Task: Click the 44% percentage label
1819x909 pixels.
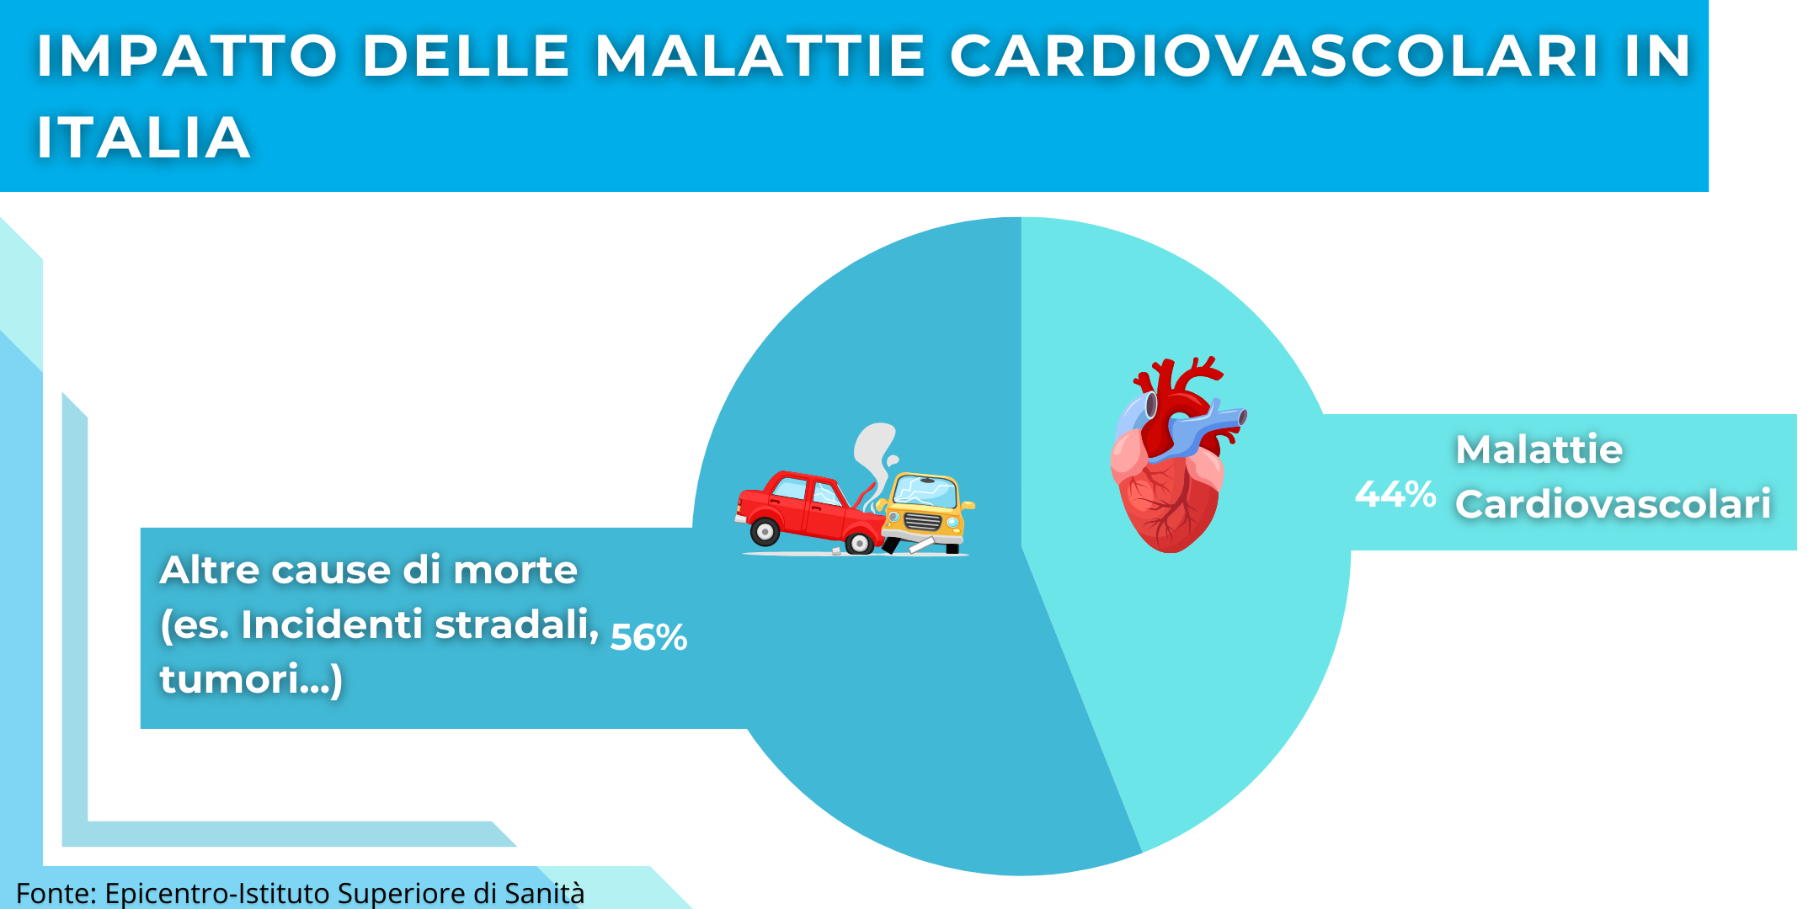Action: pos(1395,494)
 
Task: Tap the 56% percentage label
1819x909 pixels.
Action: pos(648,637)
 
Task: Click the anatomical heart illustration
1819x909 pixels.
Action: pos(1176,454)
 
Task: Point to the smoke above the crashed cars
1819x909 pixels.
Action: pos(876,459)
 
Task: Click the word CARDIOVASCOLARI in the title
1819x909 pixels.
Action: pos(1274,56)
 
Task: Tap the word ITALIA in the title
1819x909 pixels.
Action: pos(143,137)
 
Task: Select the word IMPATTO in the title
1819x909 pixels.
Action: pos(187,56)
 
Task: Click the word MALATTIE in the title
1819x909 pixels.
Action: pos(760,56)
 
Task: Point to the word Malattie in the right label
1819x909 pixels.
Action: pos(1539,449)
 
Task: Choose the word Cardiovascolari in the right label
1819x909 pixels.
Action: pos(1614,504)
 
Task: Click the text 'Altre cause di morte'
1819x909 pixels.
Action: pos(369,570)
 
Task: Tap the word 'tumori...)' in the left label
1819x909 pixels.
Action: pos(251,679)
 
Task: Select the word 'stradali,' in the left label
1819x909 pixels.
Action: pos(517,625)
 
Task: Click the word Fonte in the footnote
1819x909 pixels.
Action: pos(56,893)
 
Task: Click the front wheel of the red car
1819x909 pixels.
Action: pos(859,543)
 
